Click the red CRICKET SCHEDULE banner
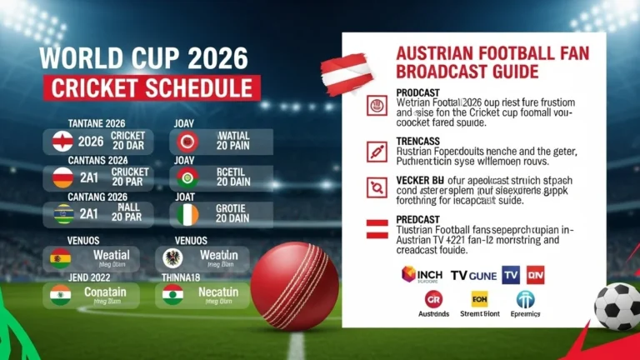coord(151,87)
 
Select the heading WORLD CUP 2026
coord(144,58)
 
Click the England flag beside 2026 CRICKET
coord(63,141)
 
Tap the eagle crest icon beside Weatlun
coord(173,257)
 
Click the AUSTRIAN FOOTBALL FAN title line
coord(492,53)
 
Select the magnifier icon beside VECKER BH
coord(377,187)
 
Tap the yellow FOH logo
coord(479,299)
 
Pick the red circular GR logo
coord(433,299)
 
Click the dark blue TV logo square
coord(511,274)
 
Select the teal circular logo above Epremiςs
coord(525,299)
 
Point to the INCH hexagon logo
coord(410,274)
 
